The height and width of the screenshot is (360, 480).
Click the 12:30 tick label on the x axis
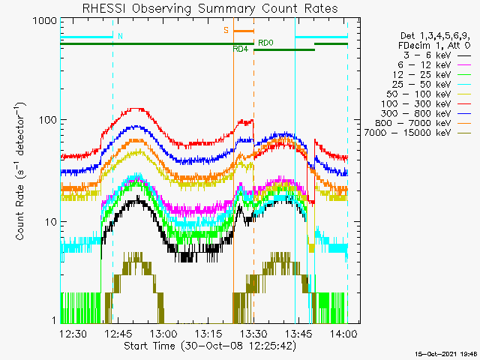(x=74, y=333)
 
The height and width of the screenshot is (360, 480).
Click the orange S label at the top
(x=225, y=31)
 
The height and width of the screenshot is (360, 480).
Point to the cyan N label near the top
(x=120, y=35)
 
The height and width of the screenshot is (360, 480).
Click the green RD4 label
(x=241, y=49)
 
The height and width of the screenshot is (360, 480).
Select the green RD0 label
(x=265, y=43)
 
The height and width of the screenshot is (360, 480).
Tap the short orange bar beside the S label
(x=244, y=31)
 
